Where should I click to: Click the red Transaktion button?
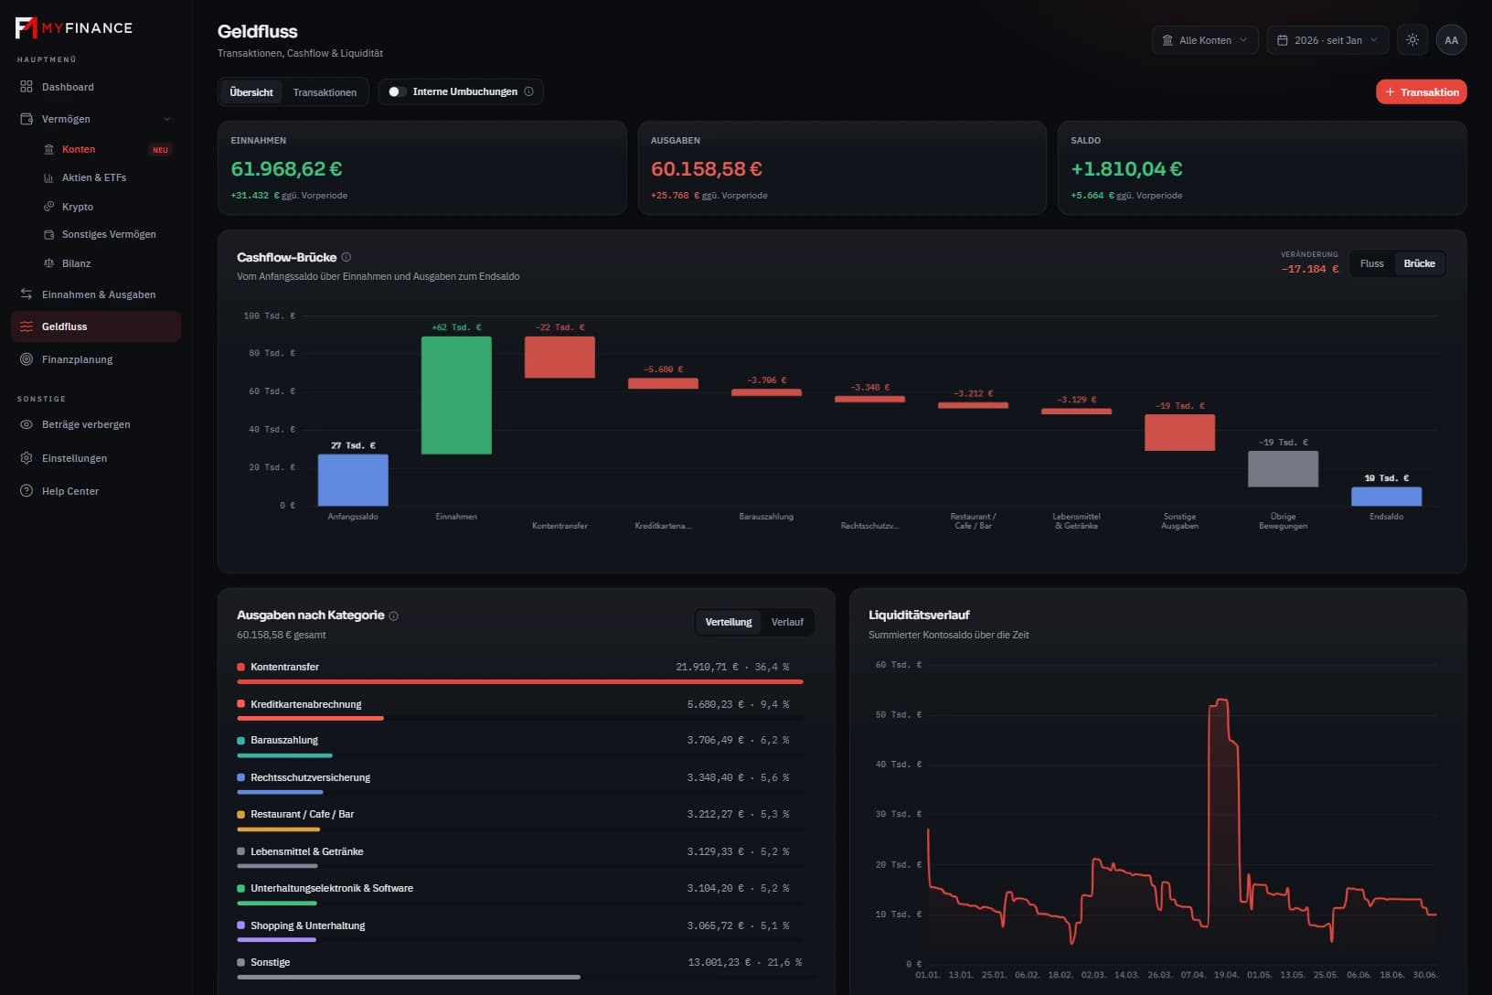tap(1421, 92)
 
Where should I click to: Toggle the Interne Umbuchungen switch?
tap(397, 92)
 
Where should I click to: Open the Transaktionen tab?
tap(325, 92)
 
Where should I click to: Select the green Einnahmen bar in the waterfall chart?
tap(456, 395)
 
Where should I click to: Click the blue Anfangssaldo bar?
tap(353, 480)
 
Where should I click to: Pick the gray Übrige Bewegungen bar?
tap(1283, 468)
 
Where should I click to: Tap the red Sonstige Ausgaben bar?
tap(1179, 433)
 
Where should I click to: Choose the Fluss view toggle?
tap(1371, 264)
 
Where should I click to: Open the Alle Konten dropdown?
tap(1204, 40)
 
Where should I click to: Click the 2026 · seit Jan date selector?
tap(1327, 40)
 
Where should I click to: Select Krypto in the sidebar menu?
tap(78, 207)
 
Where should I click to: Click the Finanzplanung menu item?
tap(78, 359)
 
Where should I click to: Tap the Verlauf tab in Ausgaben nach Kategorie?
tap(786, 622)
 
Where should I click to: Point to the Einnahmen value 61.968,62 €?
tap(286, 169)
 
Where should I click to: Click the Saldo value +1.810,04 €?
tap(1126, 169)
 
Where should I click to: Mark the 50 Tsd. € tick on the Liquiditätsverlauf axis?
tap(899, 714)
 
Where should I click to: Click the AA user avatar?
tap(1452, 40)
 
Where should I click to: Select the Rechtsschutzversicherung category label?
tap(311, 777)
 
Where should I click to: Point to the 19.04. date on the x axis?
tap(1226, 974)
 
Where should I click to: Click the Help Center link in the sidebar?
tap(69, 491)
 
